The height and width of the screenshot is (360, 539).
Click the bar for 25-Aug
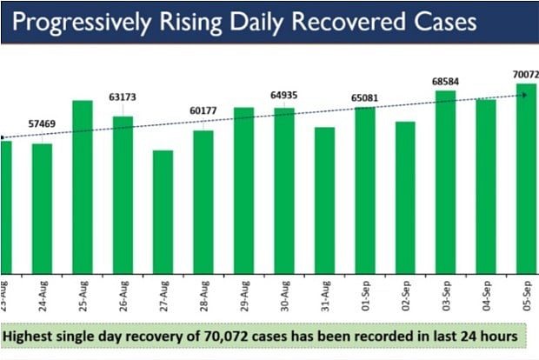(x=83, y=186)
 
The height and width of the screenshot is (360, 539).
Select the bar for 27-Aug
(x=163, y=211)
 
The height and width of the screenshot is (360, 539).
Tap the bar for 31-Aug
(x=324, y=199)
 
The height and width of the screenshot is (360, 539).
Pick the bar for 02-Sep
(x=405, y=197)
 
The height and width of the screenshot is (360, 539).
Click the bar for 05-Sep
(x=526, y=177)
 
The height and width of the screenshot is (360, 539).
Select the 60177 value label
(x=204, y=110)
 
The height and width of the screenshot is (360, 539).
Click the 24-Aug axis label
(x=43, y=290)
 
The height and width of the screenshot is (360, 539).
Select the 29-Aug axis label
(x=244, y=290)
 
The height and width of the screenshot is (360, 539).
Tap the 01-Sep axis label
(x=365, y=290)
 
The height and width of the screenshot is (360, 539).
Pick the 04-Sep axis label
(x=486, y=290)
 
